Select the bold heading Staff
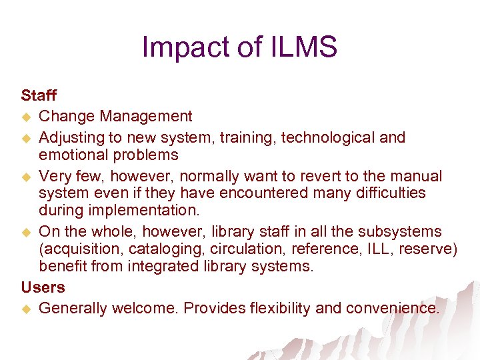[x=39, y=95]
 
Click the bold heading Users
[x=43, y=287]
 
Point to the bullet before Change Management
[x=27, y=117]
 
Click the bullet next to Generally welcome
[x=27, y=309]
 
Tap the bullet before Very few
[x=27, y=177]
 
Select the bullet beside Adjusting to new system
[x=27, y=139]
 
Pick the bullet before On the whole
[x=27, y=233]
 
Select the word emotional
[x=72, y=155]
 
